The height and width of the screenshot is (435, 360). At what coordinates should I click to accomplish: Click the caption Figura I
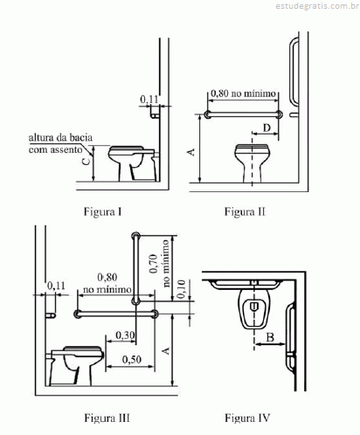(102, 211)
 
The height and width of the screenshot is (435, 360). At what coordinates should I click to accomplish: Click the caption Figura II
(245, 211)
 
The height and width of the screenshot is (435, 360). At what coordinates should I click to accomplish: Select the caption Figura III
(107, 418)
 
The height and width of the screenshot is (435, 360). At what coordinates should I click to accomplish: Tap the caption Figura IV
(247, 418)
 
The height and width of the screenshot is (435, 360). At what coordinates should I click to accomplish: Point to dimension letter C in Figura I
(87, 161)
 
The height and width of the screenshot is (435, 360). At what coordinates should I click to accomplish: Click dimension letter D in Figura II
(267, 128)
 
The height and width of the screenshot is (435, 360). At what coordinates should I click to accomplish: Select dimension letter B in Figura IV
(270, 337)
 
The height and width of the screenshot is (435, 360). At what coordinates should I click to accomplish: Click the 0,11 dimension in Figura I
(149, 100)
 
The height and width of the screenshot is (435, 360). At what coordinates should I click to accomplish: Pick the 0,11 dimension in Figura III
(56, 286)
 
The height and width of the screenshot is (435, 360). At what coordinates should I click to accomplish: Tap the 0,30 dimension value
(125, 335)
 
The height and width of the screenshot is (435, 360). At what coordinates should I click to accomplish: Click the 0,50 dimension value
(132, 360)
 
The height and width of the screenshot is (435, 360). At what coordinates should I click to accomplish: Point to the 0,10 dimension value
(181, 289)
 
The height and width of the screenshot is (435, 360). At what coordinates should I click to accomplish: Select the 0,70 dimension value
(154, 264)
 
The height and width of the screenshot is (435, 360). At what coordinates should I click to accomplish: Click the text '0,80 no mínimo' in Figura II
(243, 93)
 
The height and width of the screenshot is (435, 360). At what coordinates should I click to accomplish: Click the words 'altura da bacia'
(60, 137)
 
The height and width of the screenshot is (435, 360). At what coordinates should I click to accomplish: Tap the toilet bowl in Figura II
(253, 163)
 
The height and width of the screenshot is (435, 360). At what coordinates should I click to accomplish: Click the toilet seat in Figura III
(82, 350)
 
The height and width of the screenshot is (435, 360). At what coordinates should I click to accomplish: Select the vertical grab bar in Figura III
(135, 268)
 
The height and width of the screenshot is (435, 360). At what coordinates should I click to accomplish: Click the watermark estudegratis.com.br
(317, 6)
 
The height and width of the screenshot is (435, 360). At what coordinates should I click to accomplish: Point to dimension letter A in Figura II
(191, 152)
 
